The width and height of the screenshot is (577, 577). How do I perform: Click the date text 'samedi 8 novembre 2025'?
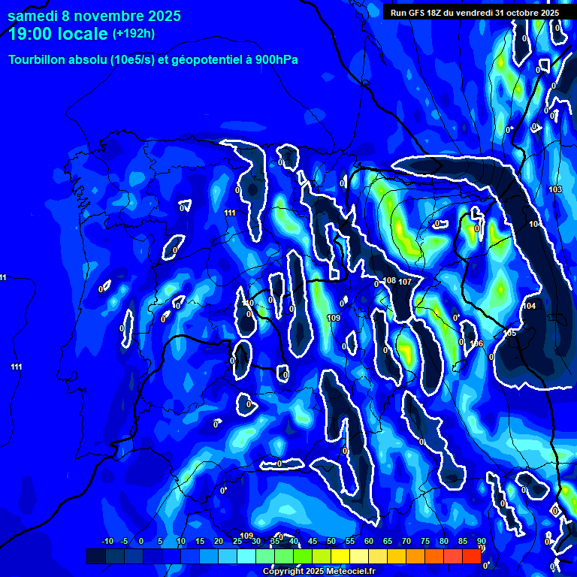94,16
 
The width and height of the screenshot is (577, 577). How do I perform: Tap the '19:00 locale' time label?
57,34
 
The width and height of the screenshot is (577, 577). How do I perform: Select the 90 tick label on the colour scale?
481,542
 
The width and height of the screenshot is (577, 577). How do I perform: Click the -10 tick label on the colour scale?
107,542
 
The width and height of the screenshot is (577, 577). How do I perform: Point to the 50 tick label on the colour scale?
331,542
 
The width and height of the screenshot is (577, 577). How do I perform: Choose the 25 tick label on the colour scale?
237,542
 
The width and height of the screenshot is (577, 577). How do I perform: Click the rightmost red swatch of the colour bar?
471,556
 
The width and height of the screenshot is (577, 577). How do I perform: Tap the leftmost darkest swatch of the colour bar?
96,556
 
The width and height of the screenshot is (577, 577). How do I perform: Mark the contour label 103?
555,189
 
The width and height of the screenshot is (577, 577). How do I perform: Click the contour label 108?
389,281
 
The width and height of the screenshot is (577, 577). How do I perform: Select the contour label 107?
405,282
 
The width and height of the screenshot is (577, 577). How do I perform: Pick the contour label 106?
476,343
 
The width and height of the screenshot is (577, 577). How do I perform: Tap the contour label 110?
249,303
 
